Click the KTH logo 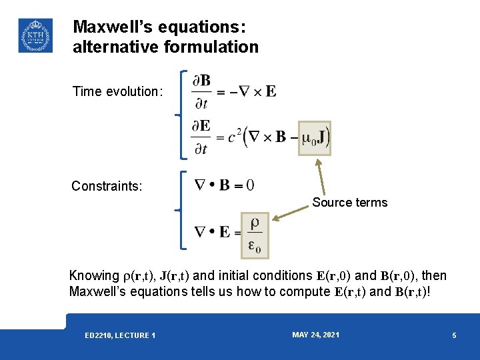pyautogui.click(x=35, y=35)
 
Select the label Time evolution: pyautogui.click(x=117, y=92)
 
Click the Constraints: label pyautogui.click(x=107, y=186)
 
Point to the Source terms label pyautogui.click(x=349, y=203)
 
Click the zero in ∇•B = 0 pyautogui.click(x=249, y=184)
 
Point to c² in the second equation pyautogui.click(x=235, y=137)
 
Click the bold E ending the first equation pyautogui.click(x=271, y=92)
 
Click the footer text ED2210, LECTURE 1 pyautogui.click(x=120, y=335)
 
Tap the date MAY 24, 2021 pyautogui.click(x=315, y=335)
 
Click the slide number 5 pyautogui.click(x=454, y=335)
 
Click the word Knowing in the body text pyautogui.click(x=94, y=276)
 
